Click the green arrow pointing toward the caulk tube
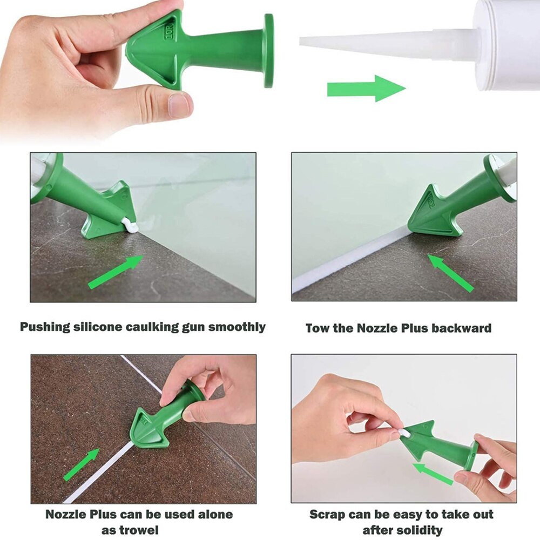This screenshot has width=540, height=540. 366,89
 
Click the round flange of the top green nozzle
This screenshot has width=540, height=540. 268,51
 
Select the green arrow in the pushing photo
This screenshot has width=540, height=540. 116,272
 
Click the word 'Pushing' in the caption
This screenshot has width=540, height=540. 45,327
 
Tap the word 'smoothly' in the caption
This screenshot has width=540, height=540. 236,327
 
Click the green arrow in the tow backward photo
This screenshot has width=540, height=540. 450,273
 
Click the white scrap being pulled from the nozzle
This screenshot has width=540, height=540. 404,433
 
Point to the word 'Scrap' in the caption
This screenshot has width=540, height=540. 327,514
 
